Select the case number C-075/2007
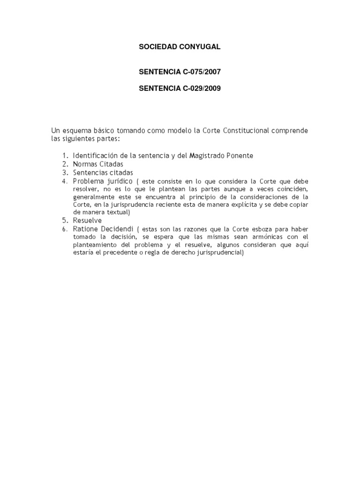198,73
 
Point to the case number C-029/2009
198,89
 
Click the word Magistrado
206,156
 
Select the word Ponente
240,156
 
